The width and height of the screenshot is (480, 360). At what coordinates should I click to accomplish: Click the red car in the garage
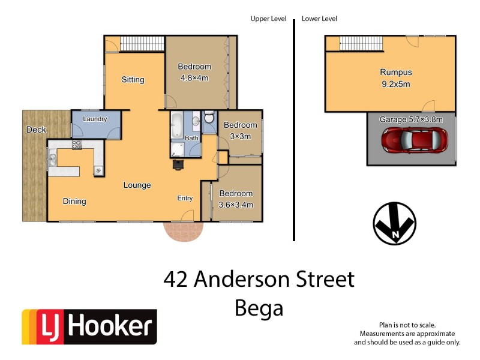coord(415,140)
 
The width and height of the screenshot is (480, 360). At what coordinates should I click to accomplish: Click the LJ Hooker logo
coord(89,327)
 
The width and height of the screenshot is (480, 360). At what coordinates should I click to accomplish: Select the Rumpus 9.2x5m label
coord(395,78)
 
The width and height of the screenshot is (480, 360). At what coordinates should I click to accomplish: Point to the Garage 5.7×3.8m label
coord(411,119)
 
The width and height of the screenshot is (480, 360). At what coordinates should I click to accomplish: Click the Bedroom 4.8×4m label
coord(194,72)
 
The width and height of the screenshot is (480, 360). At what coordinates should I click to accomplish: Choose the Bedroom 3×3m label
coord(240,131)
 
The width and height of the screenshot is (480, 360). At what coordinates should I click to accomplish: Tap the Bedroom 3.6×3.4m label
coord(236,199)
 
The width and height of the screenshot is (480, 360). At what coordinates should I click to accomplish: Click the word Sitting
coord(133,80)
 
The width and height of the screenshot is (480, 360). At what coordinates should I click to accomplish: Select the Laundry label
coord(95,119)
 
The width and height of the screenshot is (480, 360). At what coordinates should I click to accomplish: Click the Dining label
coord(74,202)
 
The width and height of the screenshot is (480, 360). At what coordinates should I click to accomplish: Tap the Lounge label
coord(137,185)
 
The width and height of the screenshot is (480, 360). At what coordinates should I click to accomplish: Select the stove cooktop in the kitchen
coord(77,145)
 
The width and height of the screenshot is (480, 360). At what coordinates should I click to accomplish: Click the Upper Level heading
coord(268,19)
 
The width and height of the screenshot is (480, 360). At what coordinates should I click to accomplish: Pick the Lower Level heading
coord(319,19)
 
